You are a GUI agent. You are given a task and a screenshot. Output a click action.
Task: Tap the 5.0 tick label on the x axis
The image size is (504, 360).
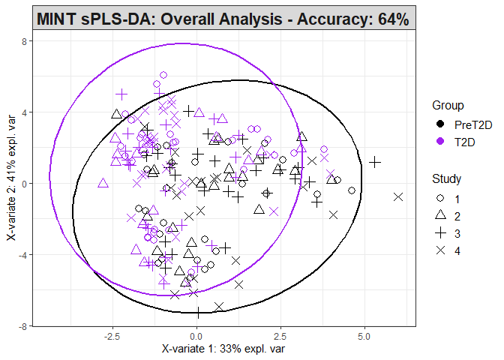pos(364,335)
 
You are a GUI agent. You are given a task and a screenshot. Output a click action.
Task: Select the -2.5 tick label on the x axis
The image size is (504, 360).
pos(112,335)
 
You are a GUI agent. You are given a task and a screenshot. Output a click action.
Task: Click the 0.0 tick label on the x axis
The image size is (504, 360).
pos(197,335)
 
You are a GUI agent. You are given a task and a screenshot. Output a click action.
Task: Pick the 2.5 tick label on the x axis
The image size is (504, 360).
pos(280,335)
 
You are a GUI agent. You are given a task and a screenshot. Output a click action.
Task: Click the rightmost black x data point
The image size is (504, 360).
pos(398,197)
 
